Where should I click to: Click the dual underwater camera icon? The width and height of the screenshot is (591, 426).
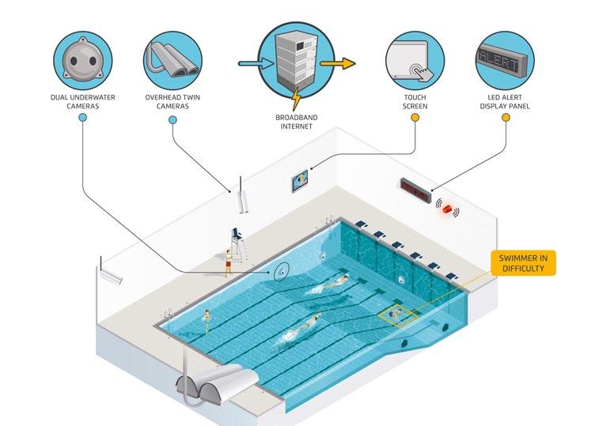(83, 58)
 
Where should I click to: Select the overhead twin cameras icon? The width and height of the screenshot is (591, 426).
(173, 58)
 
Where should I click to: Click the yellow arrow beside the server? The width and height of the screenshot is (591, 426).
(338, 64)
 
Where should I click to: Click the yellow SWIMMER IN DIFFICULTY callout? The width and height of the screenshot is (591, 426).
(524, 262)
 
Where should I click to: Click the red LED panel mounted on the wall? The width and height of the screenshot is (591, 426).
(415, 189)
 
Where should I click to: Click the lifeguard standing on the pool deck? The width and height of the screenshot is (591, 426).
(229, 262)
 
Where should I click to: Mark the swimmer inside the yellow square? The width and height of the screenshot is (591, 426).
(395, 315)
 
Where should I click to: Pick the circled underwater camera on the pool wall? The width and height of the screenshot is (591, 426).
(281, 273)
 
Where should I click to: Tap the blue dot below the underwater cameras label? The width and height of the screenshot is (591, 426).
(83, 118)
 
